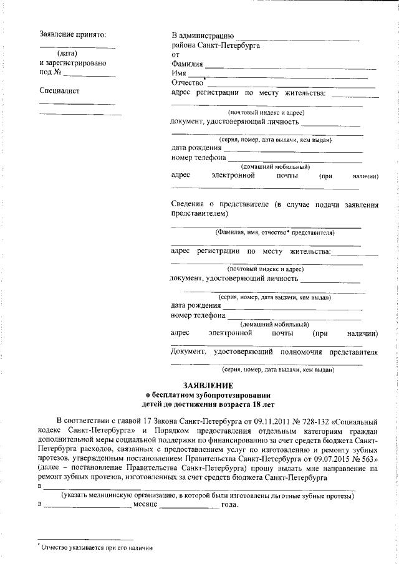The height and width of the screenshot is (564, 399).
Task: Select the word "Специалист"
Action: (59, 90)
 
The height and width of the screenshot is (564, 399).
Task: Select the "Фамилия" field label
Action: (186, 64)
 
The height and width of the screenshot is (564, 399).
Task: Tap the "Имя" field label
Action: (179, 74)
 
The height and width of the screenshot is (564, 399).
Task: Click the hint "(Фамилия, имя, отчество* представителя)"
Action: (274, 232)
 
